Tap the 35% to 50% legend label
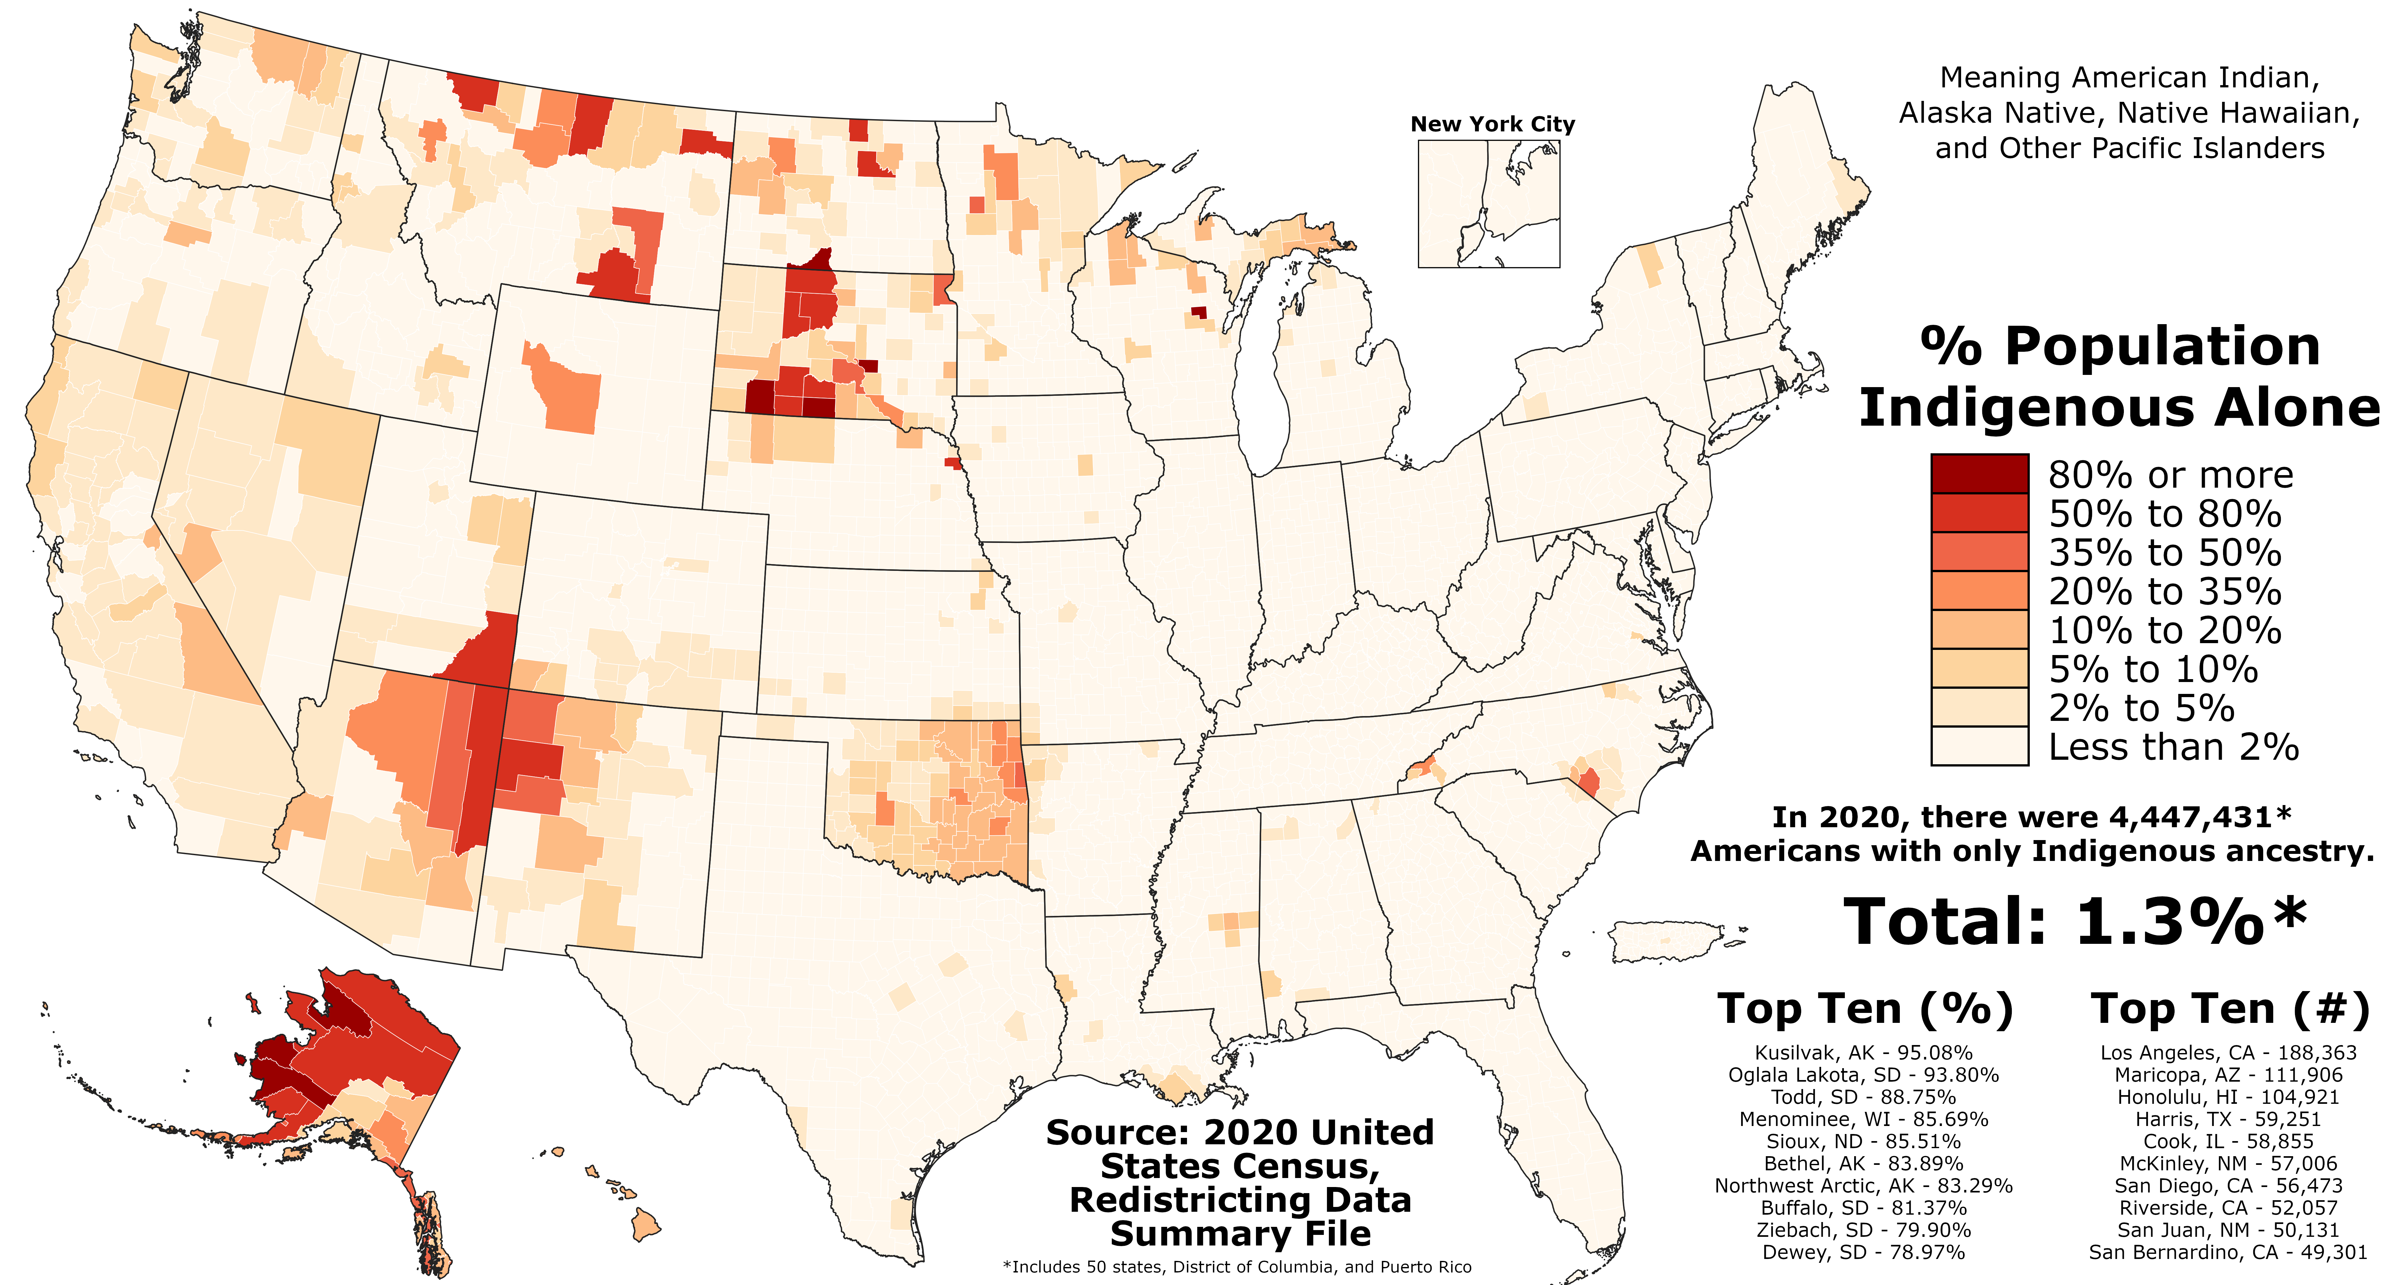tap(2164, 553)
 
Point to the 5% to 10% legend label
tap(2153, 669)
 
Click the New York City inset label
tap(1492, 124)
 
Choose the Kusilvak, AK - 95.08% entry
tap(1863, 1053)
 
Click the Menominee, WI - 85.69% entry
tap(1863, 1120)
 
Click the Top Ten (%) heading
tap(1865, 1009)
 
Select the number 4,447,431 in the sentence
tap(2190, 817)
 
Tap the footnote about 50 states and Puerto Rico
tap(1237, 1267)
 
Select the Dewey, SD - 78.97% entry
tap(1863, 1252)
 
